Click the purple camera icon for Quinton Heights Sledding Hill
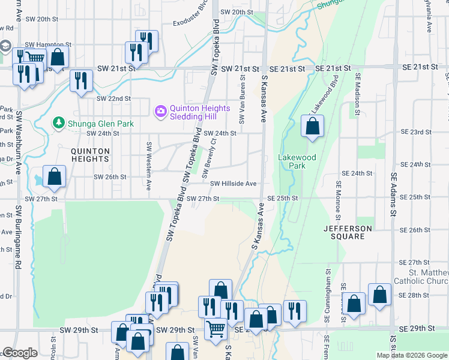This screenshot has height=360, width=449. click(160, 111)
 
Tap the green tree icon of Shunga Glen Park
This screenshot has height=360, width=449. click(58, 123)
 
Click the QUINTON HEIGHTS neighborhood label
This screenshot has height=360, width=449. click(91, 155)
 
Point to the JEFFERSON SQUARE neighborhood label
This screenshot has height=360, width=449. click(348, 232)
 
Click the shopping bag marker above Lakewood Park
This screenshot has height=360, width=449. click(312, 127)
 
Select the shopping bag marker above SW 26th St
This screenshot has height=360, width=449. click(54, 177)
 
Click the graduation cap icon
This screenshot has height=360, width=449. click(5, 46)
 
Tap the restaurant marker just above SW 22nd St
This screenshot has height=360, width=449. click(81, 81)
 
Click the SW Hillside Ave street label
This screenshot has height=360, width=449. click(233, 184)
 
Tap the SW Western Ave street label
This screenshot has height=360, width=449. click(149, 160)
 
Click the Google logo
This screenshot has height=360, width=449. click(20, 353)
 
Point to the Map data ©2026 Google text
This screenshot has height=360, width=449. click(412, 355)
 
